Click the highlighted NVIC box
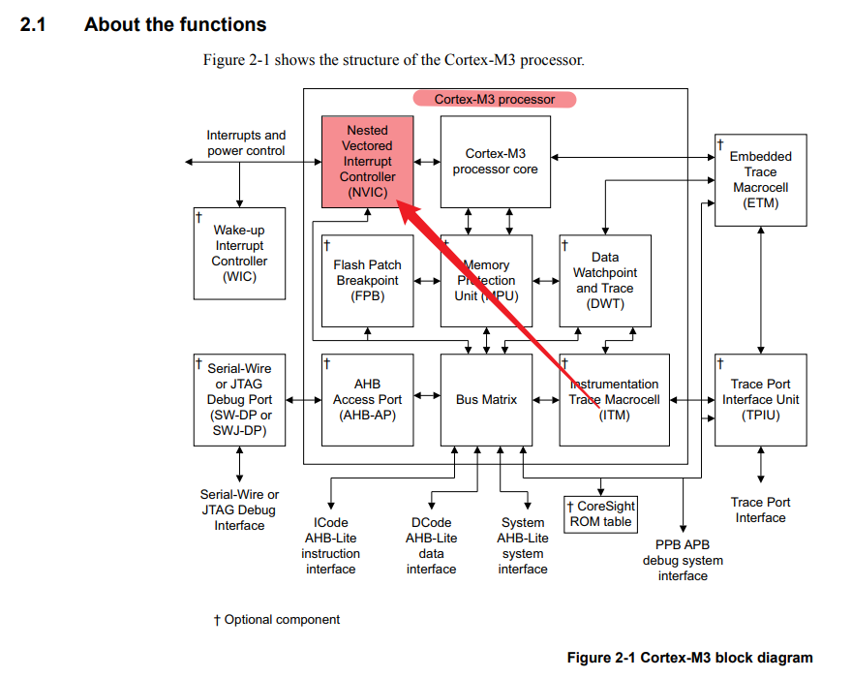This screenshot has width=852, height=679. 367,162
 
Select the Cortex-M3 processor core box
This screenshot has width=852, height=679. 495,162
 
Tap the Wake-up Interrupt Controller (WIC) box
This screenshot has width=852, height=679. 239,254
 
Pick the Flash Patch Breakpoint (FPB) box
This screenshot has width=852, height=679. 367,281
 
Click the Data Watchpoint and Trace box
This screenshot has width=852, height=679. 605,281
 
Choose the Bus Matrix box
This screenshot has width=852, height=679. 486,400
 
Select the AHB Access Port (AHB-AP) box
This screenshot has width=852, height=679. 367,400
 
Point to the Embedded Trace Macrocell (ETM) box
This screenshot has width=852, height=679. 761,180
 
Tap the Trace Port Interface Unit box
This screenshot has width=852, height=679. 761,400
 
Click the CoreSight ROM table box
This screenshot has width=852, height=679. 600,513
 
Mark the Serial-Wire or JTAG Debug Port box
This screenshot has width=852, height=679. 239,400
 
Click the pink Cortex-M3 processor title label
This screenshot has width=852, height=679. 495,99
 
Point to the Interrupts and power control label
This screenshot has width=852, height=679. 246,142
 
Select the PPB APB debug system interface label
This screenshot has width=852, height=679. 683,560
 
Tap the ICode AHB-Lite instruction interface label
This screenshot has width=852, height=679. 330,545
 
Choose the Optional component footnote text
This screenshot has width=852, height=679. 277,619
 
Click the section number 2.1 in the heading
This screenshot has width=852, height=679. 33,24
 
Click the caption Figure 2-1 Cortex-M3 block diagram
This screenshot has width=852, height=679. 689,658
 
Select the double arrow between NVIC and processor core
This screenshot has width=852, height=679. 427,162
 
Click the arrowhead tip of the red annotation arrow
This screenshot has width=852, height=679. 397,201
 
